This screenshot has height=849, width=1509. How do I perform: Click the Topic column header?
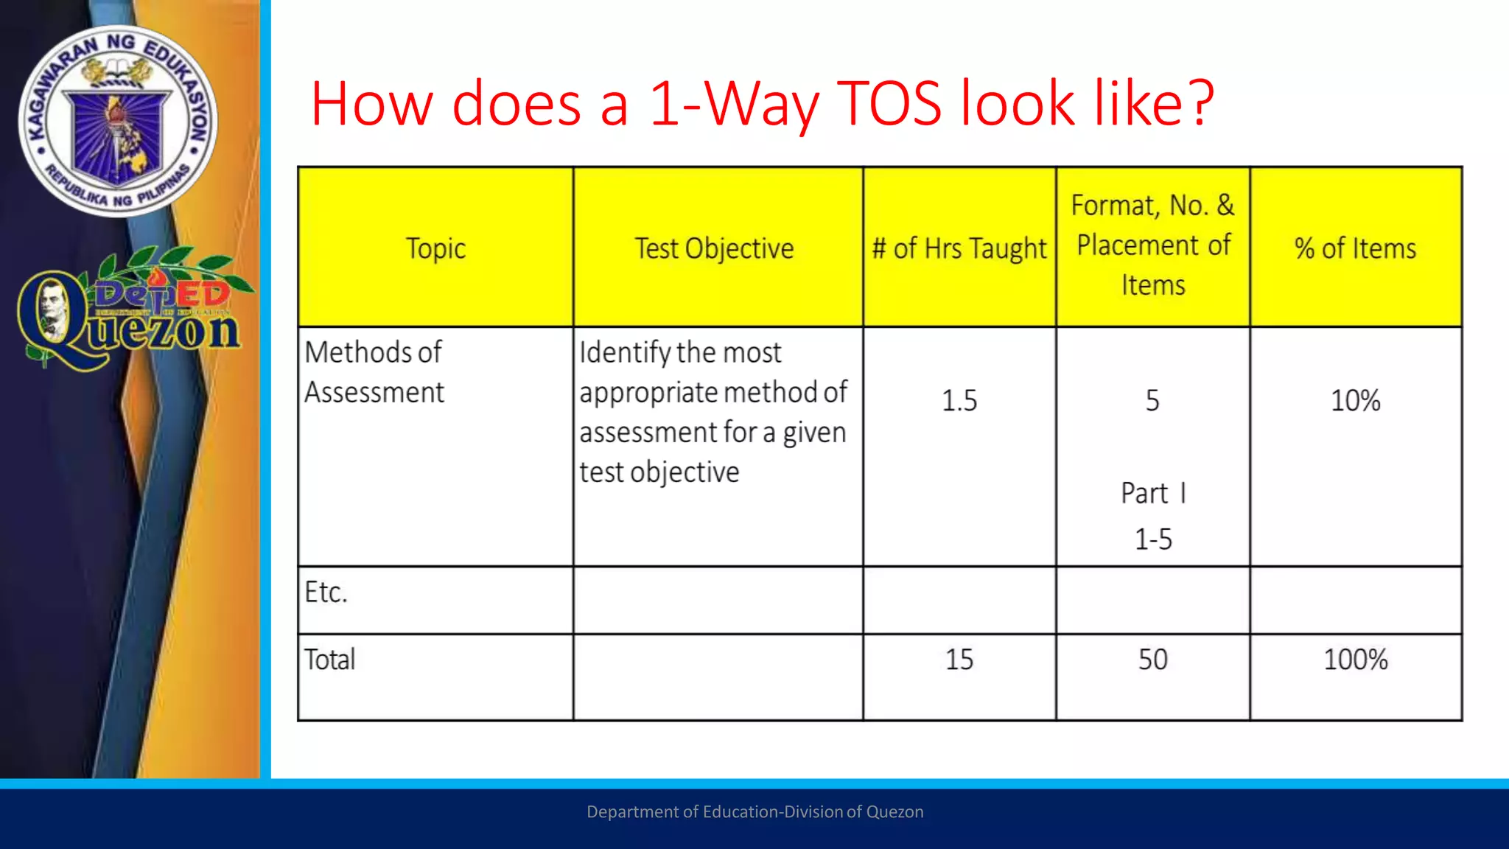pos(435,248)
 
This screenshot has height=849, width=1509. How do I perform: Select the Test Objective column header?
pos(714,248)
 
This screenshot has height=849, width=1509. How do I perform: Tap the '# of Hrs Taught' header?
pos(959,248)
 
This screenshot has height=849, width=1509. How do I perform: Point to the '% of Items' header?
pos(1355,248)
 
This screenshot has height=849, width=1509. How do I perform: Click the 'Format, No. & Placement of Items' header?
pos(1153,245)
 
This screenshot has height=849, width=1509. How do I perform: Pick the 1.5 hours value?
pos(959,400)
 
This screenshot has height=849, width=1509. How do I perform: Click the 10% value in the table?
pos(1355,400)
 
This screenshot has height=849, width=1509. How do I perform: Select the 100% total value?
pos(1355,659)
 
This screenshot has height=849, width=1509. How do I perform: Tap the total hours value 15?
pos(959,659)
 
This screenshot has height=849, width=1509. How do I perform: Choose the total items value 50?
pos(1153,659)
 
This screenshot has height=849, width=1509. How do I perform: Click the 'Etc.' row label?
pos(326,592)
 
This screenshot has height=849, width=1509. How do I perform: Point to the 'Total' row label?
pos(329,659)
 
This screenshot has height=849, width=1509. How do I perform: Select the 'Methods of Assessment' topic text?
pos(374,372)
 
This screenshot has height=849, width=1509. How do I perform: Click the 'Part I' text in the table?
pos(1153,493)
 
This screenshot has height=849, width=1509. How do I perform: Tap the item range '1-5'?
pos(1153,539)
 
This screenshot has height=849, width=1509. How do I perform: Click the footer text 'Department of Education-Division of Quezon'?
pos(754,811)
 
